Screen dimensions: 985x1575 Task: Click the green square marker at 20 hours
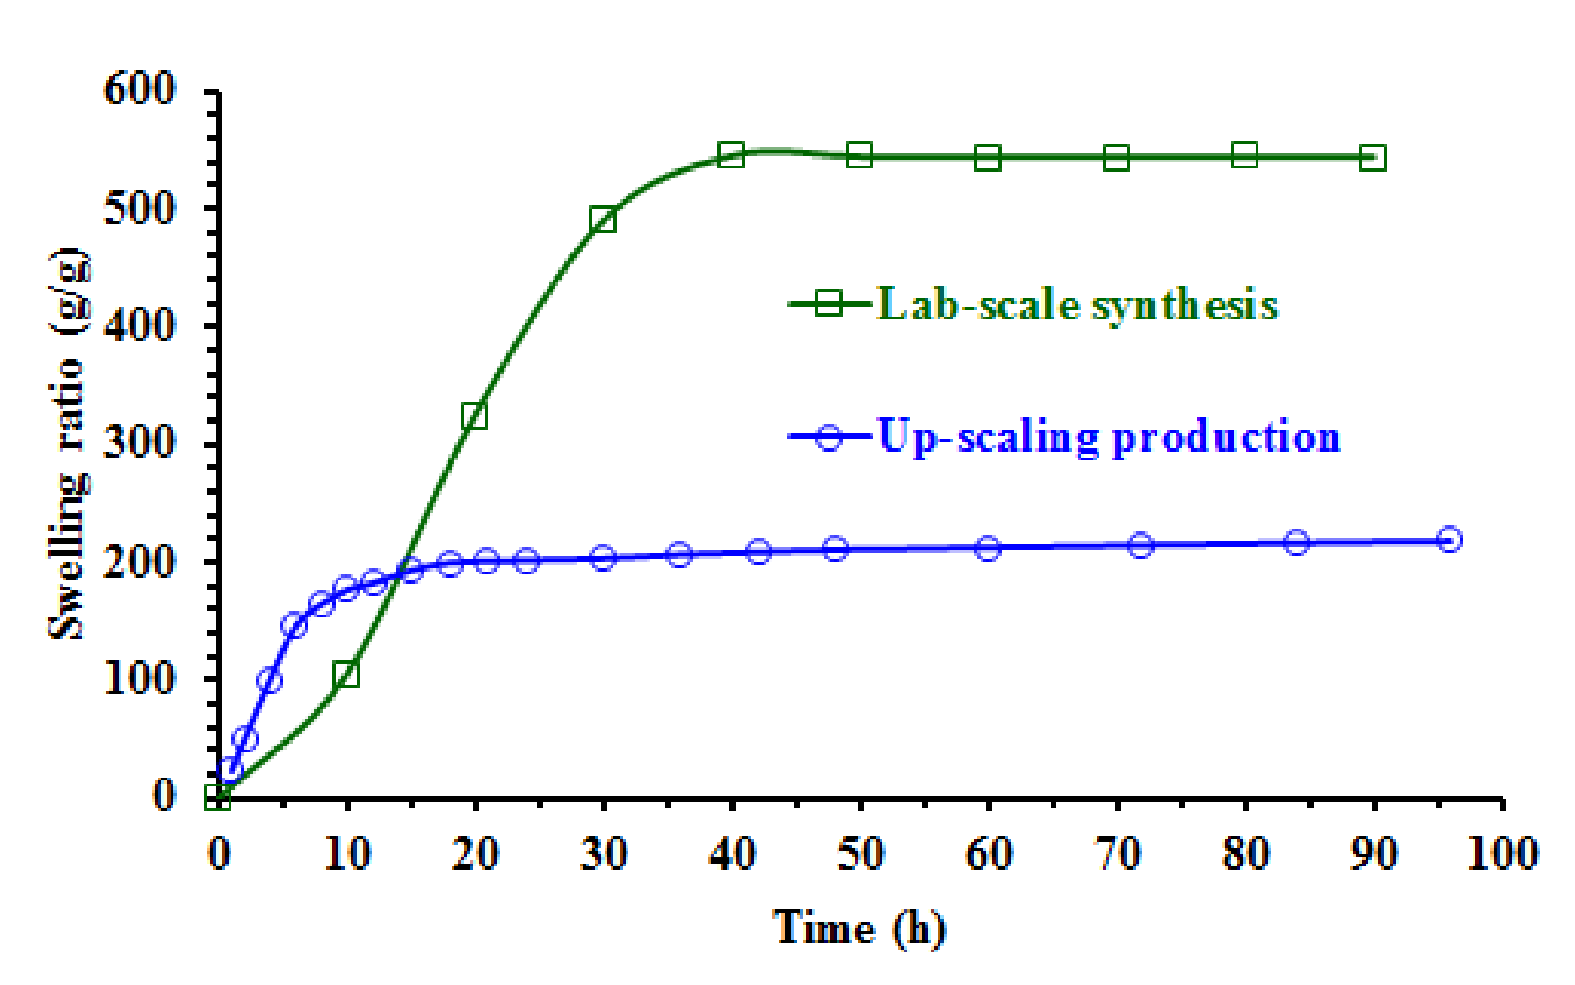pyautogui.click(x=474, y=415)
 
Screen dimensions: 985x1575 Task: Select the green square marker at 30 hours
pyautogui.click(x=603, y=220)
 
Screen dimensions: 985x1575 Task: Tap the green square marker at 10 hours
pyautogui.click(x=347, y=675)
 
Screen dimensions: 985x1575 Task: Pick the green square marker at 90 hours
pyautogui.click(x=1372, y=158)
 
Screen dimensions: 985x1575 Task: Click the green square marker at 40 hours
pyautogui.click(x=731, y=155)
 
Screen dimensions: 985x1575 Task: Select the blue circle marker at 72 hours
pyautogui.click(x=1141, y=545)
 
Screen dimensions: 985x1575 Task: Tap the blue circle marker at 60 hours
pyautogui.click(x=988, y=548)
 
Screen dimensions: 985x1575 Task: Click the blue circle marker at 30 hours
pyautogui.click(x=603, y=558)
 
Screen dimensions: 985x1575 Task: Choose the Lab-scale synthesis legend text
pyautogui.click(x=1077, y=304)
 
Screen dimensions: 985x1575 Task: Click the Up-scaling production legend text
pyautogui.click(x=1109, y=437)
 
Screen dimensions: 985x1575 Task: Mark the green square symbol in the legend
pyautogui.click(x=829, y=302)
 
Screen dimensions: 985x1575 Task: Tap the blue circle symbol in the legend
pyautogui.click(x=829, y=437)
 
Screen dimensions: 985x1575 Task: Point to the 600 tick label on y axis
pyautogui.click(x=140, y=89)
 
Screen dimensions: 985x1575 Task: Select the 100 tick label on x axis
pyautogui.click(x=1502, y=853)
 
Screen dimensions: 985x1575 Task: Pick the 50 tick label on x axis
pyautogui.click(x=860, y=853)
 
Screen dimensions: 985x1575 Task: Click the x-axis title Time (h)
pyautogui.click(x=860, y=928)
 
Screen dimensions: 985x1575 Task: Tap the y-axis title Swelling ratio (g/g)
pyautogui.click(x=68, y=443)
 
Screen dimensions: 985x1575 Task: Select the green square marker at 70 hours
pyautogui.click(x=1116, y=158)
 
